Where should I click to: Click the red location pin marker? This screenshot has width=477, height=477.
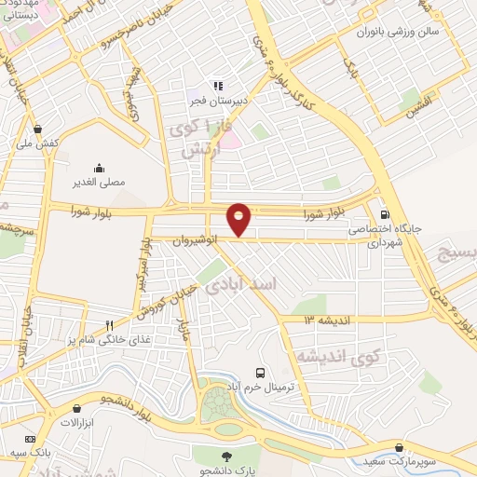(239, 218)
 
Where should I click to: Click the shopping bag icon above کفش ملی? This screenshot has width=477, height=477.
(36, 129)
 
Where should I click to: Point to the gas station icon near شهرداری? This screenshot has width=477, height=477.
(386, 211)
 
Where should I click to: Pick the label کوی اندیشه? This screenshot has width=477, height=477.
(340, 356)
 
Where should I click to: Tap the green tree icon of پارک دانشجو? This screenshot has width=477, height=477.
(225, 454)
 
